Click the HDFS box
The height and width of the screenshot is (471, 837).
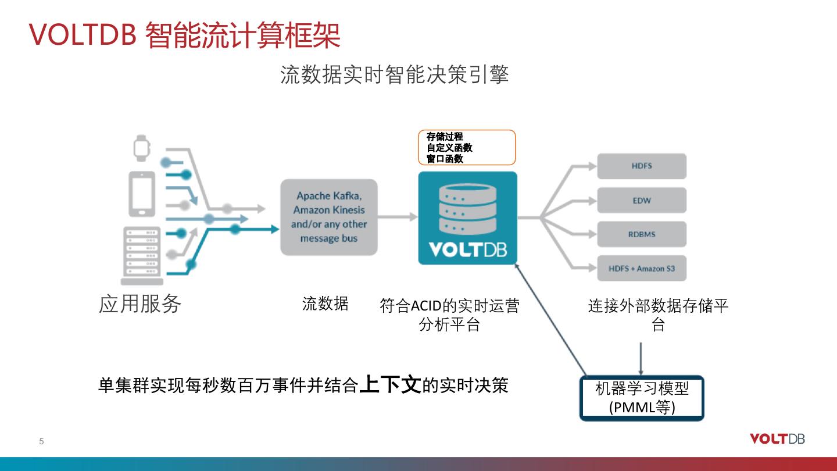coord(642,166)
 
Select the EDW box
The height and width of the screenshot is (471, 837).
coord(642,201)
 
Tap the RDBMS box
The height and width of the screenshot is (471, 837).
coord(642,234)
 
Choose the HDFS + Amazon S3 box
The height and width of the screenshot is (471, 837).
coord(642,269)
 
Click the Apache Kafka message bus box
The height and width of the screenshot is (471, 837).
coord(328,217)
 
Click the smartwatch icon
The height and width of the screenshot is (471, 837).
coord(141,148)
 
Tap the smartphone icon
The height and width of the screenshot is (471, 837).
coord(141,194)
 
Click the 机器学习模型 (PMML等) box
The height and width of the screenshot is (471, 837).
coord(642,398)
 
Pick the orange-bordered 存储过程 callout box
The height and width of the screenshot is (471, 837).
coord(467,148)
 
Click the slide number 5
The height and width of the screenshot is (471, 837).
coord(41,441)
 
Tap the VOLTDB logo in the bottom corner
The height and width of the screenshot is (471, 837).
coord(777,439)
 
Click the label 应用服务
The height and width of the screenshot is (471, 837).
coord(140,304)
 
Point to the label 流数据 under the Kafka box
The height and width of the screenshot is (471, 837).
coord(325,304)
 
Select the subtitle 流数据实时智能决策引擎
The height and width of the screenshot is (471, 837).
coord(394,75)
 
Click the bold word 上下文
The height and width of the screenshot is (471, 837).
coord(390,385)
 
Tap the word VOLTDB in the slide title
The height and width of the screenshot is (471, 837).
coord(83,35)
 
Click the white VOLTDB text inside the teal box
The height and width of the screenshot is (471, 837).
coord(467,249)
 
